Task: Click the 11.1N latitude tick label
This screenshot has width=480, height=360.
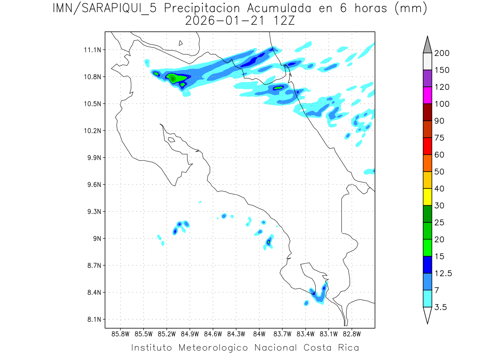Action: [91, 50]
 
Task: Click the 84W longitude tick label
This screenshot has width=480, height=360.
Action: [259, 334]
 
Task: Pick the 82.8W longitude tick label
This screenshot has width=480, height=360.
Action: [352, 334]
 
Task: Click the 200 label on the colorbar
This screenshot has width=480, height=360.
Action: [442, 53]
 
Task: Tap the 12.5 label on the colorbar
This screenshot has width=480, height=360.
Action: [443, 274]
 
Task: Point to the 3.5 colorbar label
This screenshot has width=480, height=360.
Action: [441, 307]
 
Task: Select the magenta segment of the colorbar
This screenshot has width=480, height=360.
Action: [427, 95]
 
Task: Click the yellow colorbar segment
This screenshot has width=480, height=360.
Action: [427, 197]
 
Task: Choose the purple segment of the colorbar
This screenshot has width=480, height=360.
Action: [427, 78]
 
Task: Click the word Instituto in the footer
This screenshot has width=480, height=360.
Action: [152, 348]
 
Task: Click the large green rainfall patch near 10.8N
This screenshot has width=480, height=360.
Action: [174, 78]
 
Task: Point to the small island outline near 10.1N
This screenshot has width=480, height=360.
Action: [171, 140]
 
